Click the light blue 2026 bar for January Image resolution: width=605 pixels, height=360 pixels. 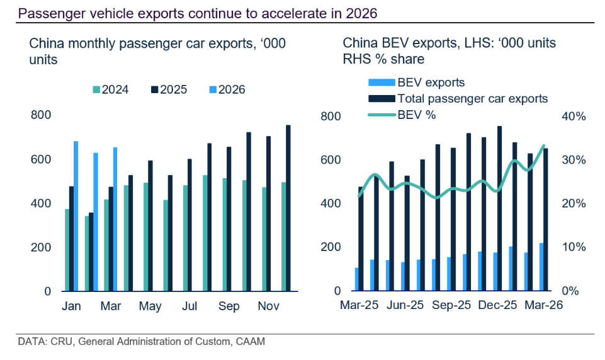point(76,216)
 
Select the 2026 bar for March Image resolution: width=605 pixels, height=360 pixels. point(115,219)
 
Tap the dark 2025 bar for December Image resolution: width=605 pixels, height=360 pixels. point(288,208)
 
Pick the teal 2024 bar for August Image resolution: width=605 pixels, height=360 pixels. point(205,233)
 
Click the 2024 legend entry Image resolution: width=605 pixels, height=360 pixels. point(110,89)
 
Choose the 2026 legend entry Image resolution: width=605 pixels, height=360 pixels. point(227,89)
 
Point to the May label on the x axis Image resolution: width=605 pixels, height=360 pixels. point(150,306)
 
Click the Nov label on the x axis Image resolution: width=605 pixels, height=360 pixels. point(269,306)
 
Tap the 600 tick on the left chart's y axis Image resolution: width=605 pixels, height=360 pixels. point(41,159)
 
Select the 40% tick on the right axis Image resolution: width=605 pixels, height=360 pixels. point(574,116)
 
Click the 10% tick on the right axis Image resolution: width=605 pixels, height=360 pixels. point(574,247)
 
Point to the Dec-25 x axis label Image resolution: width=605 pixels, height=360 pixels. point(497,305)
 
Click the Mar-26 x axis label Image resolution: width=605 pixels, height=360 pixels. point(544,305)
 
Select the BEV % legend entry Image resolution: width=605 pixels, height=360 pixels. point(402,115)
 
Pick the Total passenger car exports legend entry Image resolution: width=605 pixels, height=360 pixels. point(458,98)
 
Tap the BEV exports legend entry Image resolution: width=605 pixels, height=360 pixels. point(416,82)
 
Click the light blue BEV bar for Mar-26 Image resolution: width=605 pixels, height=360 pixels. point(541,267)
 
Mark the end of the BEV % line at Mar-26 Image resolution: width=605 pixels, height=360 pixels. point(544,145)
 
